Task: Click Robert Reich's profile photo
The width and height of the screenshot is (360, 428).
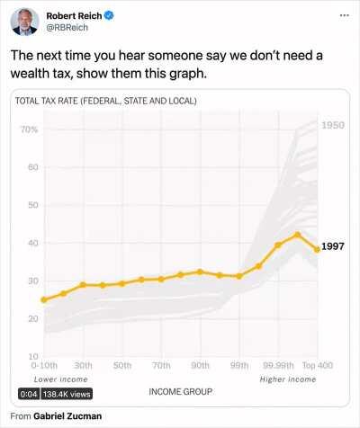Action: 24,22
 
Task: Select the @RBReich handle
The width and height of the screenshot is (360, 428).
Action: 67,28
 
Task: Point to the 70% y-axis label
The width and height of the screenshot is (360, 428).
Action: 28,130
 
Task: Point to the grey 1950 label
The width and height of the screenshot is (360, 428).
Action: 333,124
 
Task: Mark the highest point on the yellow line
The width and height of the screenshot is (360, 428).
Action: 297,235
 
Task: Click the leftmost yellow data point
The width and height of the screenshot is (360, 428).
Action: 43,299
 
